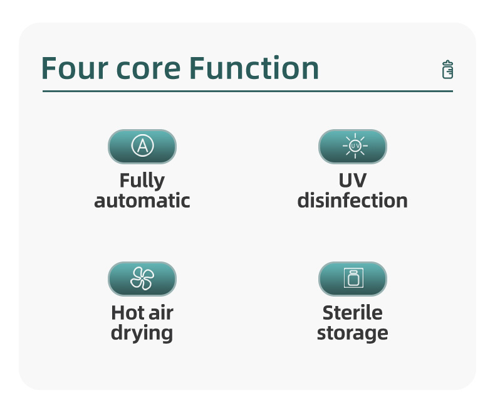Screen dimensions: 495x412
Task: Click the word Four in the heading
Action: pyautogui.click(x=75, y=68)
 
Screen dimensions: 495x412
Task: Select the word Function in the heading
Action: pyautogui.click(x=254, y=67)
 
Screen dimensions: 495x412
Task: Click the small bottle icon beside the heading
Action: pyautogui.click(x=447, y=69)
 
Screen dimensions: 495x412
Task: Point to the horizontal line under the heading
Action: pyautogui.click(x=248, y=92)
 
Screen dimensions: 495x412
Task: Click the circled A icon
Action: pyautogui.click(x=142, y=145)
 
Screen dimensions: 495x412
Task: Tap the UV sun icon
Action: pyautogui.click(x=355, y=145)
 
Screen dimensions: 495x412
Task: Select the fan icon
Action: pyautogui.click(x=142, y=278)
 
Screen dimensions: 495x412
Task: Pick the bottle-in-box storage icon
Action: pyautogui.click(x=353, y=278)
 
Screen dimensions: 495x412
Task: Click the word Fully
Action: pyautogui.click(x=142, y=181)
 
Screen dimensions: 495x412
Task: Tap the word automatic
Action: pyautogui.click(x=142, y=201)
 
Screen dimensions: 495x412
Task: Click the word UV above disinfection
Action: pyautogui.click(x=353, y=181)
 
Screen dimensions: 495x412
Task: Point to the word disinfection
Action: pyautogui.click(x=353, y=200)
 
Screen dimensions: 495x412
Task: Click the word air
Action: pyautogui.click(x=161, y=312)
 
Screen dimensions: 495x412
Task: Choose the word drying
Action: pyautogui.click(x=142, y=334)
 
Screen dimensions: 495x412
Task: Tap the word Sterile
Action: pyautogui.click(x=353, y=313)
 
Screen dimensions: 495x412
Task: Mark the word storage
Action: pyautogui.click(x=353, y=334)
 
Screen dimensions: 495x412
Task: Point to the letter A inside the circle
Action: pyautogui.click(x=143, y=146)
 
